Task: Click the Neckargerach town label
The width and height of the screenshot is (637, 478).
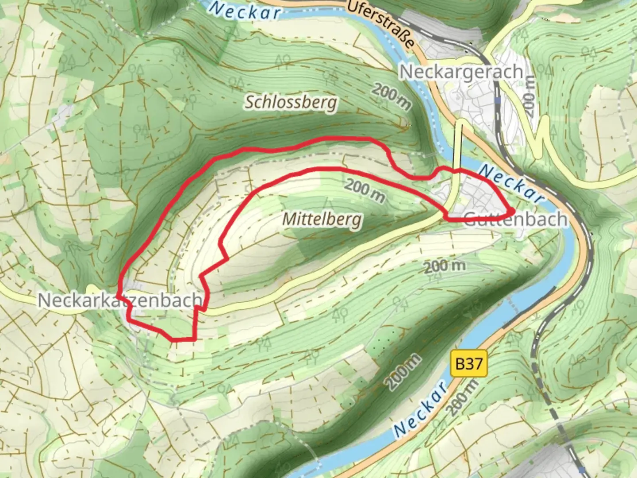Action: [x=461, y=72]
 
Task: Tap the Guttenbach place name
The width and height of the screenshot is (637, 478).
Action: [x=515, y=219]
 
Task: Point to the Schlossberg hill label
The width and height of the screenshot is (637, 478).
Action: [x=291, y=103]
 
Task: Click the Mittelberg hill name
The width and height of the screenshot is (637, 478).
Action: [x=322, y=219]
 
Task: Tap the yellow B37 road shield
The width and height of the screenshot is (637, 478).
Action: [x=468, y=364]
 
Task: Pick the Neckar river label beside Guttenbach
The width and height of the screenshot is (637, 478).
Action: [x=510, y=184]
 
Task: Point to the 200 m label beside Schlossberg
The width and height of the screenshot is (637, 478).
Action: [x=391, y=96]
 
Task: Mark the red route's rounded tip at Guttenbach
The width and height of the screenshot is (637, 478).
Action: [x=511, y=211]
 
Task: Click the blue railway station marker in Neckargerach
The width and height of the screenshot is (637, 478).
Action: [x=498, y=101]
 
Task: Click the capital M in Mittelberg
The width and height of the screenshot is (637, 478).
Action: [x=289, y=218]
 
